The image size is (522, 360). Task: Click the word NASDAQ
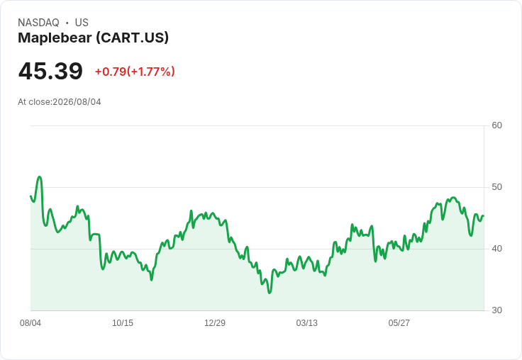pyautogui.click(x=38, y=23)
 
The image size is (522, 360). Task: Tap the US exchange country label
pyautogui.click(x=82, y=23)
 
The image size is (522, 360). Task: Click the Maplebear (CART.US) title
pyautogui.click(x=93, y=38)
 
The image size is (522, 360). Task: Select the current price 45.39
pyautogui.click(x=50, y=71)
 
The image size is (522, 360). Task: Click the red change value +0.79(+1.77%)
pyautogui.click(x=135, y=72)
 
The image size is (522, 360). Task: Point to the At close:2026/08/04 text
pyautogui.click(x=60, y=102)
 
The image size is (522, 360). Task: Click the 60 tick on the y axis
pyautogui.click(x=496, y=125)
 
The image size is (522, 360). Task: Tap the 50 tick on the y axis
pyautogui.click(x=496, y=187)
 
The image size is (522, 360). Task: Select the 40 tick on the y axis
pyautogui.click(x=496, y=249)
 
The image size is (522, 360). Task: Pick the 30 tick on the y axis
pyautogui.click(x=496, y=310)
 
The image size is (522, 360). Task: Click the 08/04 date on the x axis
pyautogui.click(x=30, y=323)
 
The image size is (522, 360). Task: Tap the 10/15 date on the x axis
pyautogui.click(x=123, y=323)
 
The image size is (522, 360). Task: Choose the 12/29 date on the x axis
pyautogui.click(x=215, y=323)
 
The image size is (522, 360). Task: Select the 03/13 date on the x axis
pyautogui.click(x=306, y=323)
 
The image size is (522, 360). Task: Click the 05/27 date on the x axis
pyautogui.click(x=399, y=323)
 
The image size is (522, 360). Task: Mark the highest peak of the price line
pyautogui.click(x=40, y=176)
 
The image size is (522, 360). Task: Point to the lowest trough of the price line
pyautogui.click(x=270, y=293)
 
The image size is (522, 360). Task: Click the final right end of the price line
pyautogui.click(x=484, y=216)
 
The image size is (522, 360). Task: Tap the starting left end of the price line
pyautogui.click(x=30, y=196)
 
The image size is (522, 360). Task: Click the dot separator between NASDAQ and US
pyautogui.click(x=67, y=23)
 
